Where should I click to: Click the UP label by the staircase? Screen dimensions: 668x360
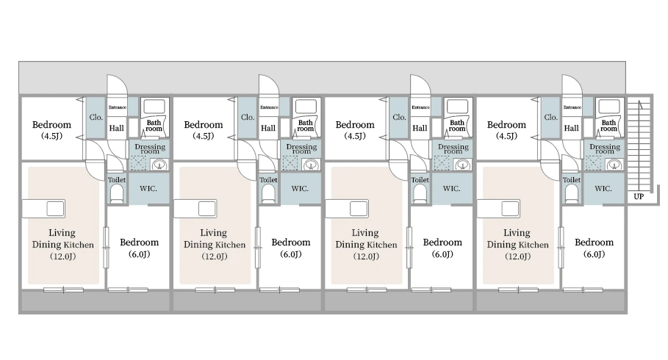tap(639, 196)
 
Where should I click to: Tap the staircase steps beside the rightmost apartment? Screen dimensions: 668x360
tap(639, 145)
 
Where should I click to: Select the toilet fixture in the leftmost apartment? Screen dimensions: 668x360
tap(116, 194)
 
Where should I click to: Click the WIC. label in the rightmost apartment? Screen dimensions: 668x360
tap(603, 188)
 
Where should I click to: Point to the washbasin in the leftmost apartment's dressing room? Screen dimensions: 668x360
tap(159, 164)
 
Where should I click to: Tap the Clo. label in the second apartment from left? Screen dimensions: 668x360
tap(248, 117)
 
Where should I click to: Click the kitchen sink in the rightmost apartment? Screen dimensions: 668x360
tap(510, 209)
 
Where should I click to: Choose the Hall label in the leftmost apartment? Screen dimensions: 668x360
tap(116, 128)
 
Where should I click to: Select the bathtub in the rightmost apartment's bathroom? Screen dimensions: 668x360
tap(608, 107)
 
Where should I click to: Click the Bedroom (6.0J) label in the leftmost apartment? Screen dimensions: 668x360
tap(140, 248)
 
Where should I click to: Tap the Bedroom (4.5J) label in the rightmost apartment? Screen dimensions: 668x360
tap(506, 130)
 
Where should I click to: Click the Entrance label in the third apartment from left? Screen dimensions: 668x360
tap(420, 107)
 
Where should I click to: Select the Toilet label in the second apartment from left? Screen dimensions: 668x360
tap(268, 180)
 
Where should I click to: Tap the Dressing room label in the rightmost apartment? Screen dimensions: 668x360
tap(605, 148)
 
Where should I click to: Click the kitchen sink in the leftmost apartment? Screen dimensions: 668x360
tap(55, 209)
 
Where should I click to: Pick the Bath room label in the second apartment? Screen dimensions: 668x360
tap(306, 125)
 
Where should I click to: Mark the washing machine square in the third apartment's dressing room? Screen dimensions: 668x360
tap(442, 163)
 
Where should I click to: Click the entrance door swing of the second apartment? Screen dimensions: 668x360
tap(268, 84)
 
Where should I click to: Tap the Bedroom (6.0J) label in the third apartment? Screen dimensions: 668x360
tap(442, 248)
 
